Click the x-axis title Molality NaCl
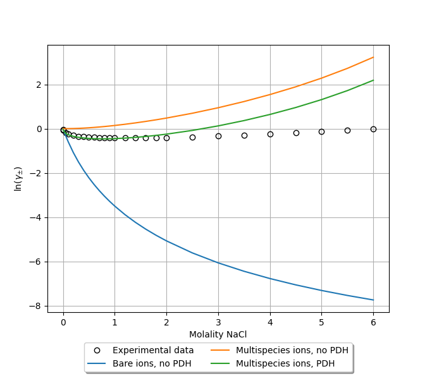pyautogui.click(x=218, y=334)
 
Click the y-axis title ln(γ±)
pyautogui.click(x=19, y=179)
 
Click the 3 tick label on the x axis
pyautogui.click(x=218, y=322)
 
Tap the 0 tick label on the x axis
pyautogui.click(x=63, y=322)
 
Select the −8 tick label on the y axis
pyautogui.click(x=37, y=306)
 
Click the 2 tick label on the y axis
pyautogui.click(x=39, y=85)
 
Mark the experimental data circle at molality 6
pyautogui.click(x=373, y=129)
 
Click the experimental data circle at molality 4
pyautogui.click(x=270, y=134)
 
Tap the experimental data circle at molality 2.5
pyautogui.click(x=192, y=137)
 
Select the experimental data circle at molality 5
pyautogui.click(x=321, y=131)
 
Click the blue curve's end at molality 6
pyautogui.click(x=373, y=300)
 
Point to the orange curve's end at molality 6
pyautogui.click(x=373, y=58)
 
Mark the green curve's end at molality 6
pyautogui.click(x=373, y=80)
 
